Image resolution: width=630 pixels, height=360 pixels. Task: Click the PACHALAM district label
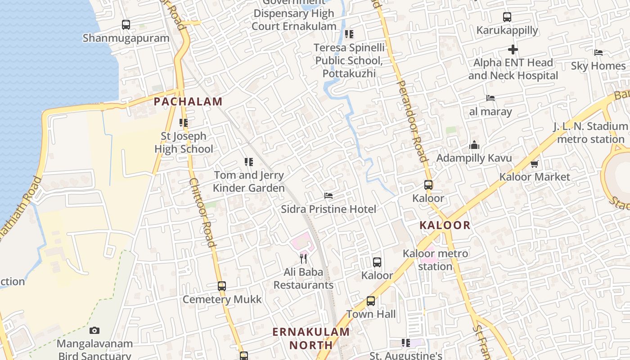point(188,102)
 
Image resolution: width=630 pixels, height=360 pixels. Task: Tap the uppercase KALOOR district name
point(445,225)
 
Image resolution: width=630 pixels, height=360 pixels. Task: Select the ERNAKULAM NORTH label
point(310,339)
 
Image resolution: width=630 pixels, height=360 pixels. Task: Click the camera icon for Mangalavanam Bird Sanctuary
point(94,331)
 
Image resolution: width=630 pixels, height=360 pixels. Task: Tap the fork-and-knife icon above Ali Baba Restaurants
point(303,258)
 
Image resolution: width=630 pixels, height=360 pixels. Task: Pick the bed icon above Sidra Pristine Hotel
point(328,196)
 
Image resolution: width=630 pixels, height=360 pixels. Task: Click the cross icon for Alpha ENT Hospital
point(513,49)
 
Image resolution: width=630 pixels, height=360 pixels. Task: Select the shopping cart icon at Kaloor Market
point(535,164)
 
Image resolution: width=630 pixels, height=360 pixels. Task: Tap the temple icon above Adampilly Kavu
point(474,145)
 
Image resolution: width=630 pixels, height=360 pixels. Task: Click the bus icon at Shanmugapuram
point(126,25)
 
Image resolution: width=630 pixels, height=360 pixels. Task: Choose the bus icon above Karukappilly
point(507,17)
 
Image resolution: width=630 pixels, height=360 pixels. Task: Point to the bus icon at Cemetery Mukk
point(222,286)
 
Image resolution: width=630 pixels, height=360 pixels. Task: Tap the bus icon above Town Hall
point(371,301)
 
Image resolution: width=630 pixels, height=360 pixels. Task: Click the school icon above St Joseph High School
point(184,122)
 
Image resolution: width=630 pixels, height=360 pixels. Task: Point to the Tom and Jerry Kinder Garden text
point(249,182)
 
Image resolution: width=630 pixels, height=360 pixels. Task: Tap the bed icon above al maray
point(490,98)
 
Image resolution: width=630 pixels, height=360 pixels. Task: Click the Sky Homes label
point(598,66)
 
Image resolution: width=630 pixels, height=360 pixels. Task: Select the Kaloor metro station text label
point(435,260)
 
